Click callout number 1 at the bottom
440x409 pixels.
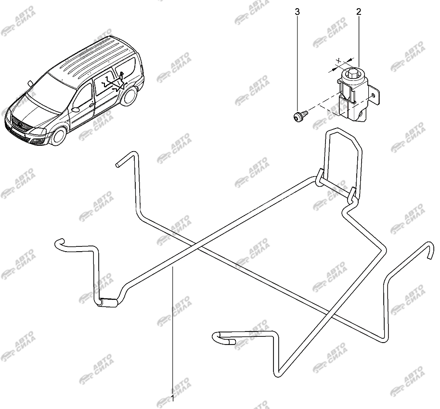click(x=172, y=398)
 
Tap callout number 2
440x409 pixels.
click(x=359, y=12)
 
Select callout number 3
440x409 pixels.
click(x=297, y=12)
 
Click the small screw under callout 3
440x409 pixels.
click(x=300, y=115)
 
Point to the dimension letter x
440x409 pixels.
click(x=339, y=60)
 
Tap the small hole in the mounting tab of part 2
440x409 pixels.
click(x=373, y=96)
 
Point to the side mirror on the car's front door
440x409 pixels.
click(x=75, y=109)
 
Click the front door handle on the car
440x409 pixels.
click(x=91, y=105)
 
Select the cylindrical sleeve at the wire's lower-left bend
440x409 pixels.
click(x=109, y=303)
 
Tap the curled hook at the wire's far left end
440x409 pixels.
click(x=59, y=243)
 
